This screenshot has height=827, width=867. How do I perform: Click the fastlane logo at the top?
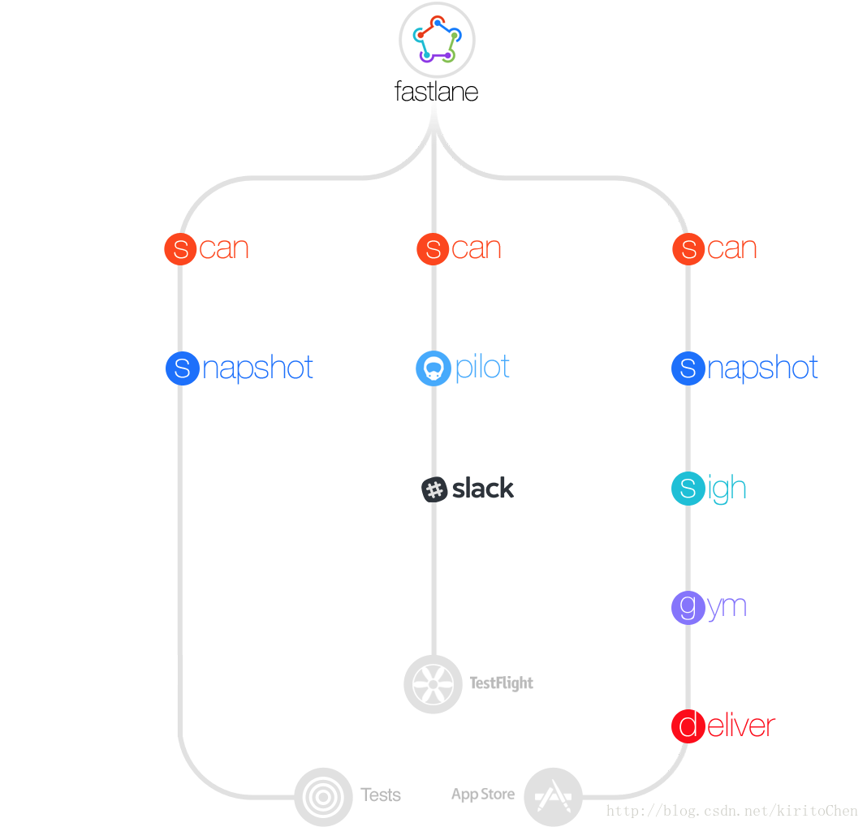pos(437,40)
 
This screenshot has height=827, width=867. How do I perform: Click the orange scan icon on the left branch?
pos(180,248)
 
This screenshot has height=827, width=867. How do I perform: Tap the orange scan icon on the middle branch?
pos(433,248)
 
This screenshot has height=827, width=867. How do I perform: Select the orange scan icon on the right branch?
pos(688,248)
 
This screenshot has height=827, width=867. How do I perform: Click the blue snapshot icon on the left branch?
pos(182,368)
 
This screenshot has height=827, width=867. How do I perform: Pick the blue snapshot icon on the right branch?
pos(688,368)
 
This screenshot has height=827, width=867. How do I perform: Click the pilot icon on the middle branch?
pos(433,368)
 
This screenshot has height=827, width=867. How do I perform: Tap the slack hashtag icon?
pos(435,489)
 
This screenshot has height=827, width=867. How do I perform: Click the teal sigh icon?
pos(688,489)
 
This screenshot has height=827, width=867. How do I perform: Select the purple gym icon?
pos(688,607)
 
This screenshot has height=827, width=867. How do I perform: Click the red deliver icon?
pos(688,726)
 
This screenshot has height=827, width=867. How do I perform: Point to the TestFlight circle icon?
pos(433,683)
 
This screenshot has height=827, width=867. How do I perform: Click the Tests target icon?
pos(323,797)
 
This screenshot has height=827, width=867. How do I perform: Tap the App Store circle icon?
pos(553,797)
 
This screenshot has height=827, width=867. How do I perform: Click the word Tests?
pos(381,795)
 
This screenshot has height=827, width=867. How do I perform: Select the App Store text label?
pos(483,794)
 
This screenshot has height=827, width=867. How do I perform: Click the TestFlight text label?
pos(502,683)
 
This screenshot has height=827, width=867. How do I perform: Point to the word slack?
pos(483,489)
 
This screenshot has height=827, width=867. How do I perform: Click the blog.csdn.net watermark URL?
pos(731,811)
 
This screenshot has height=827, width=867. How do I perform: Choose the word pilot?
pos(483,368)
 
